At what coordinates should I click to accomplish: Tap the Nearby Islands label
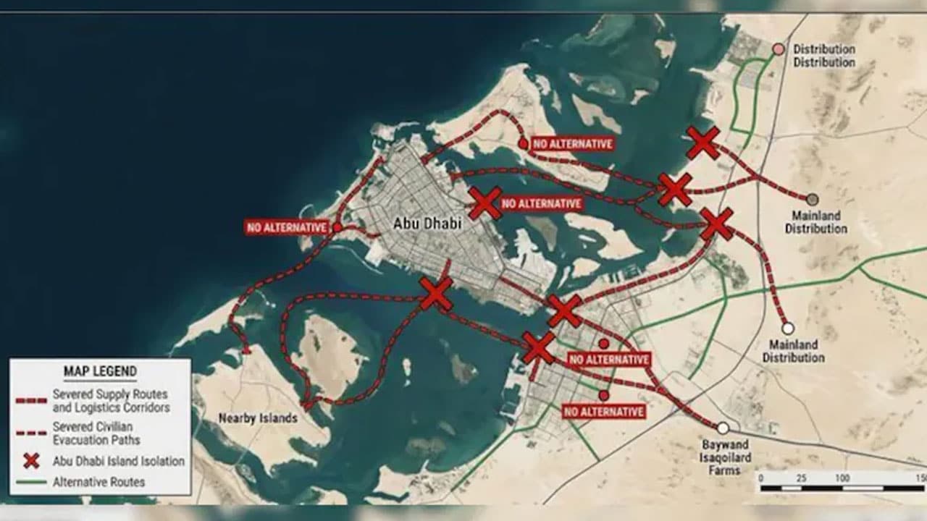click(x=258, y=418)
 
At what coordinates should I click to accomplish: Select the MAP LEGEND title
click(x=100, y=372)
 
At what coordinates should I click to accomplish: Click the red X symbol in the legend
click(x=31, y=461)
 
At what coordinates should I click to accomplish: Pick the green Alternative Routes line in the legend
click(x=31, y=482)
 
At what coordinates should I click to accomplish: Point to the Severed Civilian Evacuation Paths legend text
click(x=96, y=433)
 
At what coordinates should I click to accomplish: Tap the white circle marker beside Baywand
click(x=723, y=428)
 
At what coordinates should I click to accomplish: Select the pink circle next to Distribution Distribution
click(x=778, y=49)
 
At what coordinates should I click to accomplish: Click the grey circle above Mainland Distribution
click(x=813, y=199)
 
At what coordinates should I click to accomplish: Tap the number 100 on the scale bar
click(x=842, y=478)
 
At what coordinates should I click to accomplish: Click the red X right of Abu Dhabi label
click(x=485, y=203)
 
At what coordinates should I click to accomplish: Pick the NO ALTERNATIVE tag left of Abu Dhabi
click(x=288, y=226)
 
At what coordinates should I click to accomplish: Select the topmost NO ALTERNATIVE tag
click(x=573, y=144)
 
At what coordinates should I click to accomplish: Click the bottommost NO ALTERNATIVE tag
click(x=604, y=412)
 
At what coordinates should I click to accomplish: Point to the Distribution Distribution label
click(x=824, y=56)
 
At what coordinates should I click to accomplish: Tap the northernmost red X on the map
click(x=702, y=143)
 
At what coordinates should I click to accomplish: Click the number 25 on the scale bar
click(x=801, y=478)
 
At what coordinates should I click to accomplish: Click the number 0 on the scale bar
click(x=761, y=478)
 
